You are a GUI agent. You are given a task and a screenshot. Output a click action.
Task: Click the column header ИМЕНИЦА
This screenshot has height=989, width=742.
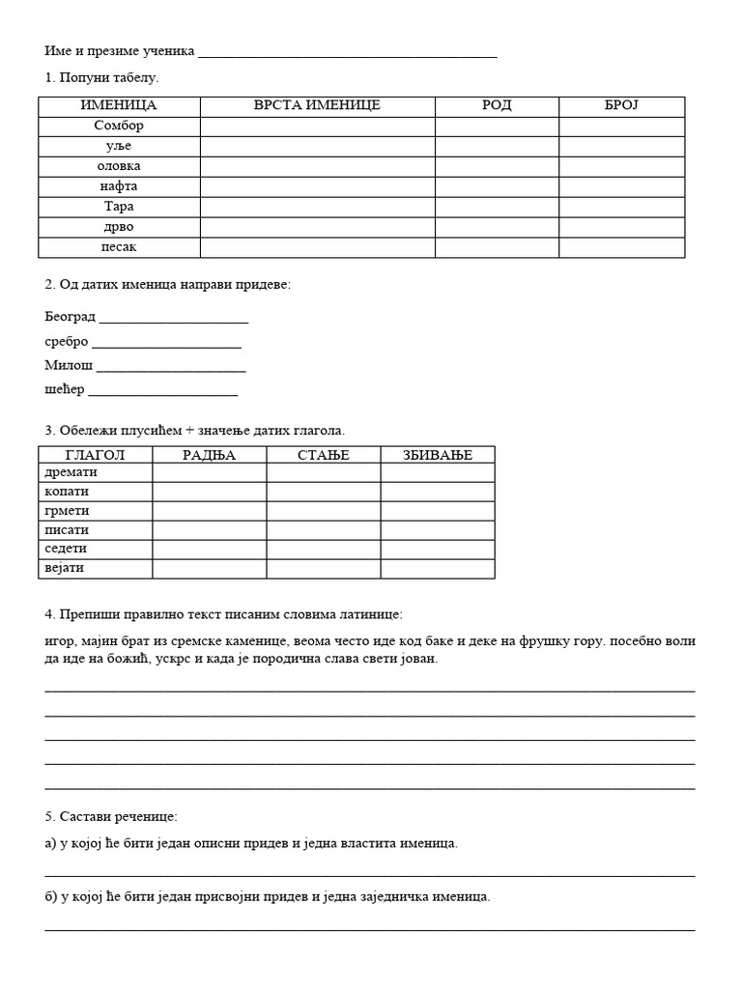point(119,105)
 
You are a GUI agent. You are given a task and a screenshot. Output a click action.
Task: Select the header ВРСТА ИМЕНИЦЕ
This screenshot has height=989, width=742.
point(317,105)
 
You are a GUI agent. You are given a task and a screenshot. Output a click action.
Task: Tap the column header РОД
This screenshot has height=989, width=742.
point(497,105)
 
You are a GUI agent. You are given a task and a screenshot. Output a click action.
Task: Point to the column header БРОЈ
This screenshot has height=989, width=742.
point(621,105)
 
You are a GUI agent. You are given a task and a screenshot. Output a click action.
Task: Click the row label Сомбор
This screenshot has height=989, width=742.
point(119,126)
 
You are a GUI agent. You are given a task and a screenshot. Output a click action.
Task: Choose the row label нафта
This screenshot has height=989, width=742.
point(119,186)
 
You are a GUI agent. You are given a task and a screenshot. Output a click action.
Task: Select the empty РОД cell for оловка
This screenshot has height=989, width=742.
point(497,166)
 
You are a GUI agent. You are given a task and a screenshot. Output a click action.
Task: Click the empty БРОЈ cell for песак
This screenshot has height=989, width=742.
point(621,247)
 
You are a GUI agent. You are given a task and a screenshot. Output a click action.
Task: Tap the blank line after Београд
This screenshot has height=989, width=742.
point(174,319)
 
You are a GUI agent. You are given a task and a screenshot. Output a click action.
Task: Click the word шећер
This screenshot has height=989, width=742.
point(65,389)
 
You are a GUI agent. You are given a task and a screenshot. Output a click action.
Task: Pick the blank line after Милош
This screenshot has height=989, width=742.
point(171,368)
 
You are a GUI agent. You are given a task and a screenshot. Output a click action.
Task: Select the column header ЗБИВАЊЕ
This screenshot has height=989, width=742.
point(438,455)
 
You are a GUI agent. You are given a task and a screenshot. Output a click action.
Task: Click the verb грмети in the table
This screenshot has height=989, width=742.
point(66,511)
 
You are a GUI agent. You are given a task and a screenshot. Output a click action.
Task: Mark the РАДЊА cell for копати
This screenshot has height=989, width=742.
point(210,493)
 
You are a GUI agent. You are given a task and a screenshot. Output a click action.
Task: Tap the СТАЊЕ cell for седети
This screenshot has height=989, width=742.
point(324,549)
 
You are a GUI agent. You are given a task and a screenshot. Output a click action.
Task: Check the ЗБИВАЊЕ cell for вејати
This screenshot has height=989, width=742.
point(438,568)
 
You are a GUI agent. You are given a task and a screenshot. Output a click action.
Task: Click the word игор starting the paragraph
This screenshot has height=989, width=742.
point(60,640)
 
